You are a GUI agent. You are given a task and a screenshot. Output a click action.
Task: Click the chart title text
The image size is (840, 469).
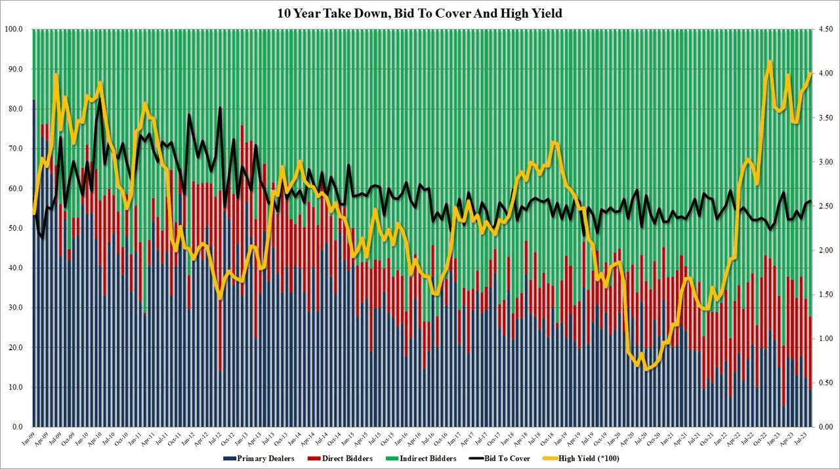(419, 13)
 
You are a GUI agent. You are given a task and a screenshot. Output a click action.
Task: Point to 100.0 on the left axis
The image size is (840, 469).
(14, 30)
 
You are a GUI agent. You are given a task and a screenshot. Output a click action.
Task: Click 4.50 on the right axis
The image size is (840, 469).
(826, 30)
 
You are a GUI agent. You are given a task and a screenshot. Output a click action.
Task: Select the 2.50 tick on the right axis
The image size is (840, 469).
(826, 206)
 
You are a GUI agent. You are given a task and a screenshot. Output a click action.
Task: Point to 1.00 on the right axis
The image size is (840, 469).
(826, 338)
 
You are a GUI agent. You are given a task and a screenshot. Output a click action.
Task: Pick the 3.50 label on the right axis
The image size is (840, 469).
(826, 118)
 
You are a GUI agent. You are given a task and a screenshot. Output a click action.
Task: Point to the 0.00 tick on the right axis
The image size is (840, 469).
(826, 427)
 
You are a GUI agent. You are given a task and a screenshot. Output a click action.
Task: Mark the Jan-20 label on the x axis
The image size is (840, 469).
(618, 440)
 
